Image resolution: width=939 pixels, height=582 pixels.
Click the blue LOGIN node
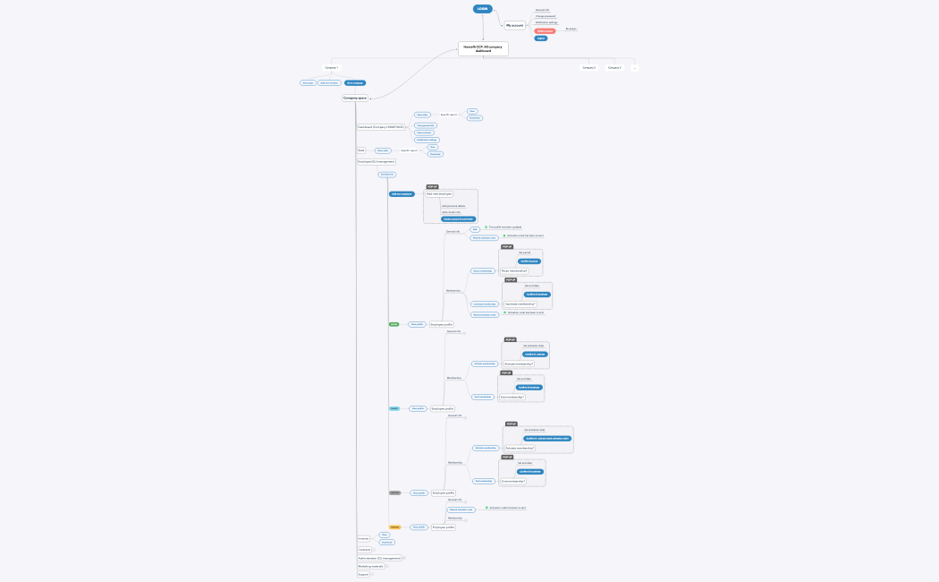483,9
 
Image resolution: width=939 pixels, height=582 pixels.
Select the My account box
515,25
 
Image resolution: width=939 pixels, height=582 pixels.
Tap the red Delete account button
545,30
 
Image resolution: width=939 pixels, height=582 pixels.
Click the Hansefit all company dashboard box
483,49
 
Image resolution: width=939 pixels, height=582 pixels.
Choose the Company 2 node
588,67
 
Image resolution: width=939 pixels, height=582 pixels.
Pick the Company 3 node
614,67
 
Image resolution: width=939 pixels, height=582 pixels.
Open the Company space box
355,98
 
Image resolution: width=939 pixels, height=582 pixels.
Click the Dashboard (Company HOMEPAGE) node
380,127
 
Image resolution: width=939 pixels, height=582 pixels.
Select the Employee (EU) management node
376,162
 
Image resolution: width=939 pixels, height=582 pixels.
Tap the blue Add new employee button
402,193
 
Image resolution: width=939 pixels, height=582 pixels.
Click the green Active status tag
394,324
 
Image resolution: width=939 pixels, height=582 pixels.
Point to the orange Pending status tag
394,527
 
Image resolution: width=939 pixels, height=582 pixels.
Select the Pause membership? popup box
514,270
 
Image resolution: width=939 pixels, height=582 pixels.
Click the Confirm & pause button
529,261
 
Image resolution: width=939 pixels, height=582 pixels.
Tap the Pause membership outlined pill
483,270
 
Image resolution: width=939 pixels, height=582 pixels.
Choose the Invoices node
363,539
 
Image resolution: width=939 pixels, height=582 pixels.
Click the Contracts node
364,549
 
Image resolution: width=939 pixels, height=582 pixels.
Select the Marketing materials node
370,566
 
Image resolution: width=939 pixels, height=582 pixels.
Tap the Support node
363,574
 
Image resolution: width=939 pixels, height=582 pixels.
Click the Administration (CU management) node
379,558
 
